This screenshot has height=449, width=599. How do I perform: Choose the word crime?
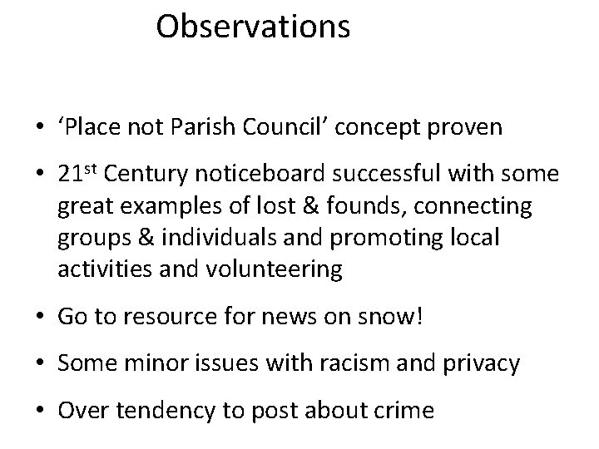(403, 411)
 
